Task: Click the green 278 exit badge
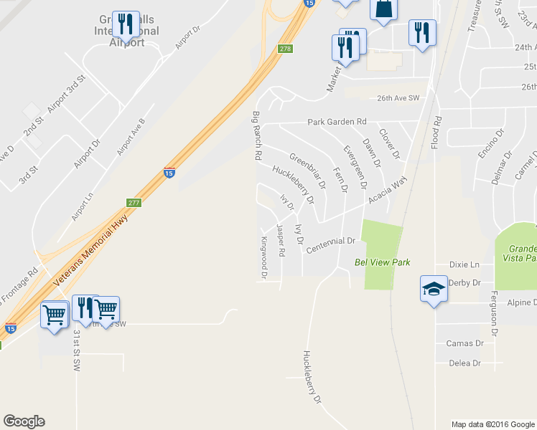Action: pyautogui.click(x=285, y=49)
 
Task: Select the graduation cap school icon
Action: pyautogui.click(x=434, y=289)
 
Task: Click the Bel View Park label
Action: pyautogui.click(x=382, y=262)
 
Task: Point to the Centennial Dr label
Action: pyautogui.click(x=331, y=245)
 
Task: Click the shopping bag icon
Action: pyautogui.click(x=382, y=9)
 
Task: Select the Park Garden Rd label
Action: pyautogui.click(x=337, y=122)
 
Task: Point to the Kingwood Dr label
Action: pyautogui.click(x=264, y=257)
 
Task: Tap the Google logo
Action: pyautogui.click(x=24, y=421)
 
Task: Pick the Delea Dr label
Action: pyautogui.click(x=464, y=363)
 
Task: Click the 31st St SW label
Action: pyautogui.click(x=77, y=350)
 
